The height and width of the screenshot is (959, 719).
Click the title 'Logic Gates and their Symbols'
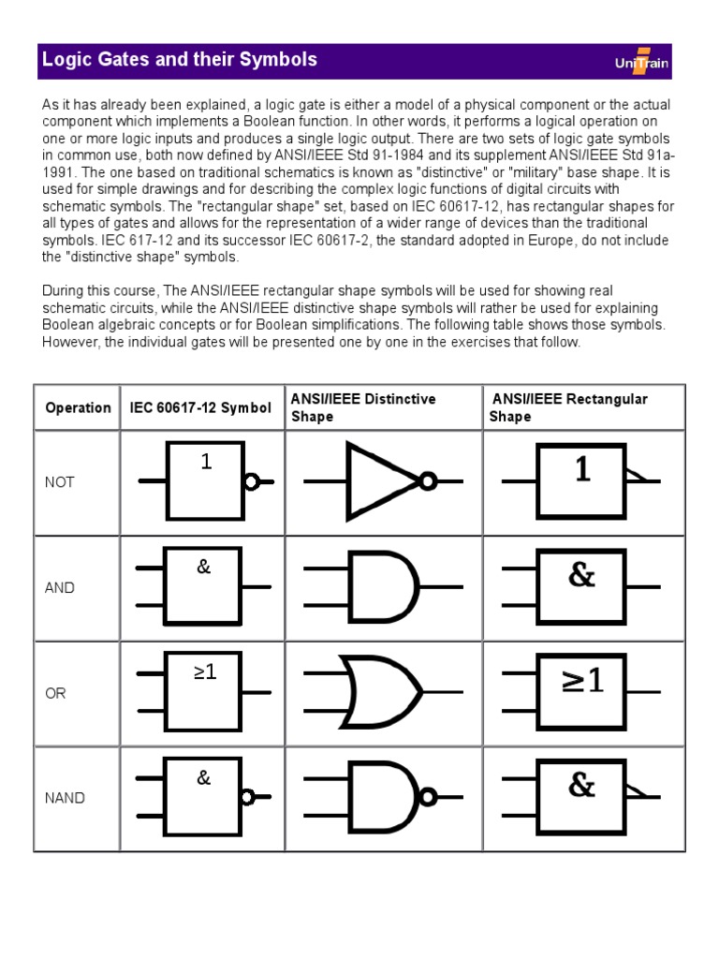180,60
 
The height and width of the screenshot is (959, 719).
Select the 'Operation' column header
78,407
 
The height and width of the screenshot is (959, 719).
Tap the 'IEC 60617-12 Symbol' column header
201,407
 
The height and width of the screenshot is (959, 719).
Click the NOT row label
59,482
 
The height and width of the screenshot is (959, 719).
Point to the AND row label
59,588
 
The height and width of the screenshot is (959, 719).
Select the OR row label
55,694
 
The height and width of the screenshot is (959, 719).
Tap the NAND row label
65,799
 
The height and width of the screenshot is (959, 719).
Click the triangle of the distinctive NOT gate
379,481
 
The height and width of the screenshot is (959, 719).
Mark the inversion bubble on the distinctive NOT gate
428,481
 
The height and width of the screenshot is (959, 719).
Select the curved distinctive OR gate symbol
384,693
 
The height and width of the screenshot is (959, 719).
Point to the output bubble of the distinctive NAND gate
429,798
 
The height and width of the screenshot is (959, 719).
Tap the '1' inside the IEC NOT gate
207,462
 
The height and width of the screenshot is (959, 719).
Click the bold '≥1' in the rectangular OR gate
581,681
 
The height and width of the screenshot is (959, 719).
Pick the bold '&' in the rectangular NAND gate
581,785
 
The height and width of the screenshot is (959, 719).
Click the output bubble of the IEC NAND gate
248,798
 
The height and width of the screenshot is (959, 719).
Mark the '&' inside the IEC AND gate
204,567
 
